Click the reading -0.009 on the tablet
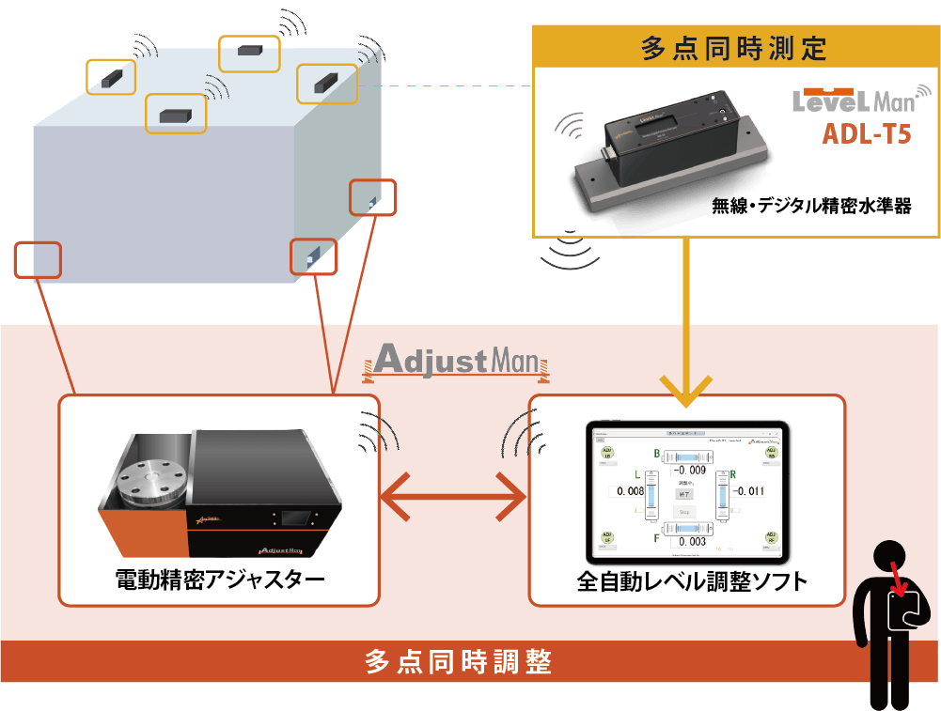[x=691, y=470]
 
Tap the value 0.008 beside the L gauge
[x=626, y=491]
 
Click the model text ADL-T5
[x=866, y=134]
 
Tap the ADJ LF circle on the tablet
[x=607, y=538]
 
